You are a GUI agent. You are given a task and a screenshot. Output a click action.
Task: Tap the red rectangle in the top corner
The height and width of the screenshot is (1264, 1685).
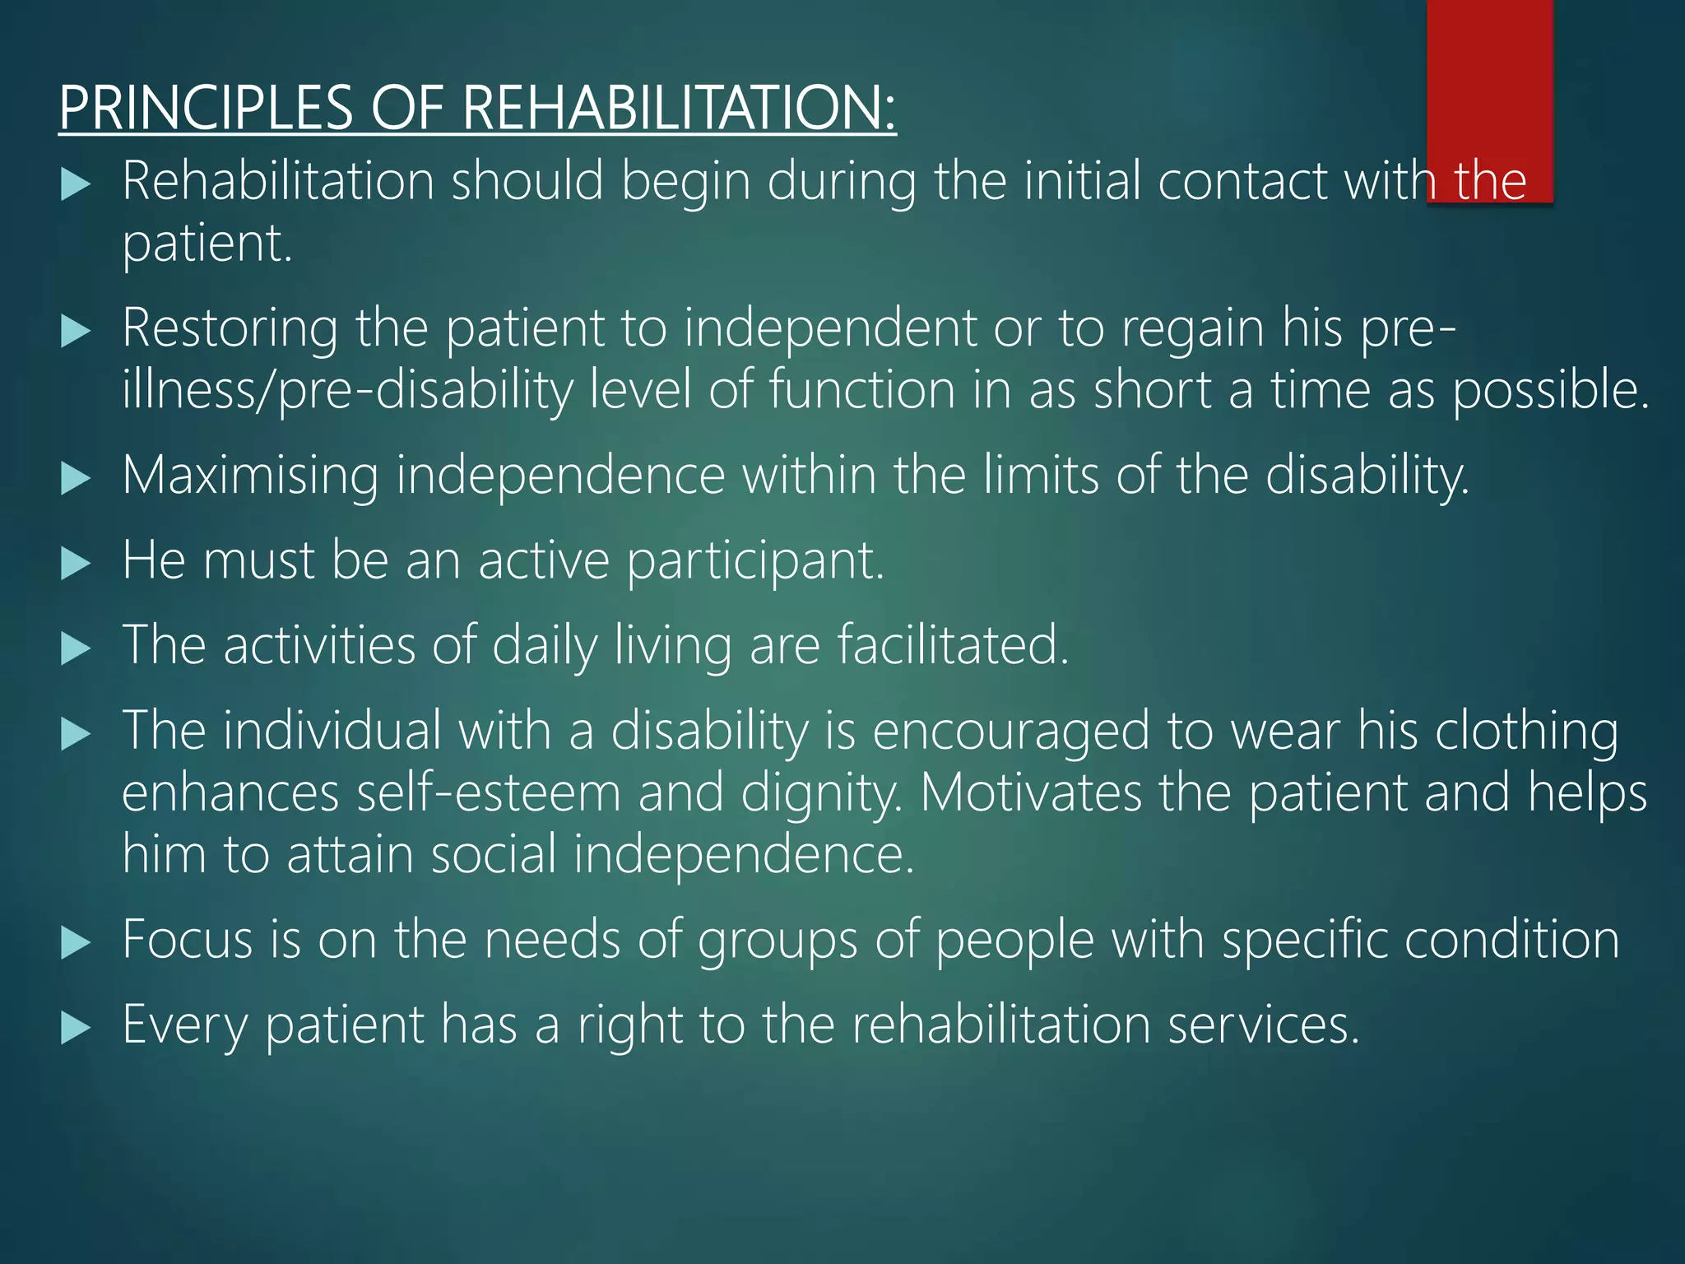point(1489,82)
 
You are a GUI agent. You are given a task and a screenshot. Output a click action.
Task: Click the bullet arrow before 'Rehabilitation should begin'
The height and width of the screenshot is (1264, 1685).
point(76,184)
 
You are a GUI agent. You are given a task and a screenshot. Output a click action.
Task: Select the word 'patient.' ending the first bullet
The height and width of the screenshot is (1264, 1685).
point(207,244)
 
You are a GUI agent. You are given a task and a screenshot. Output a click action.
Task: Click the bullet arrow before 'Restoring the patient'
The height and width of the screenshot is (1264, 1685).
point(76,332)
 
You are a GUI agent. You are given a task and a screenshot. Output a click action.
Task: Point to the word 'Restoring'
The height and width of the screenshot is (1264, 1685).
point(230,328)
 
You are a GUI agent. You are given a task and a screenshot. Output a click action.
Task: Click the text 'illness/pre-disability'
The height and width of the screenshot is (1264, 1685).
point(347,390)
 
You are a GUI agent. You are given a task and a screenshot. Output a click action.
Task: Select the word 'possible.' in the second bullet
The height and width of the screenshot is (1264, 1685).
point(1551,390)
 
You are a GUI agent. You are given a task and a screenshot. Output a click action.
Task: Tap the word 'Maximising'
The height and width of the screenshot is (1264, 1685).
point(250,476)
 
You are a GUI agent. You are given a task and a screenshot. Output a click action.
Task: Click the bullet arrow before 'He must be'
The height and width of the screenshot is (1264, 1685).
point(76,565)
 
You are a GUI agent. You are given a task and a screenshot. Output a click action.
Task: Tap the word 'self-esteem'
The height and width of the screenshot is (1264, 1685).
point(489,793)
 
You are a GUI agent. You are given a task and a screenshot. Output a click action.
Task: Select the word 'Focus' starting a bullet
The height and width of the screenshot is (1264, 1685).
point(188,939)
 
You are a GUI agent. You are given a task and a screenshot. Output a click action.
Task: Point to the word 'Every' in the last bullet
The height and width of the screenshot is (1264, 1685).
point(185,1025)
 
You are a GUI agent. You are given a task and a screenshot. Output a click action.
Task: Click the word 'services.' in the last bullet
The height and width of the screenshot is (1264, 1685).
point(1263,1025)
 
